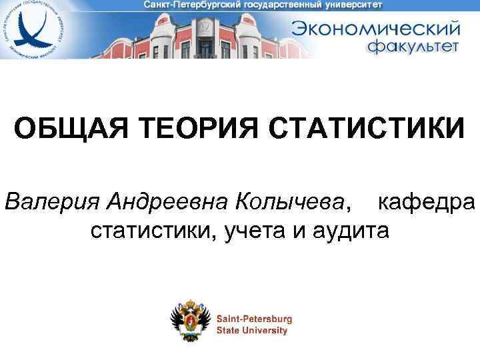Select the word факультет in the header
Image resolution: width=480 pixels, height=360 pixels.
coord(413,47)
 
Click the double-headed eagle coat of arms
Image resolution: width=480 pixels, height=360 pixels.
coord(193,319)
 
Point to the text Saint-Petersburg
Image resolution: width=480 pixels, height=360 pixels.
coord(254,319)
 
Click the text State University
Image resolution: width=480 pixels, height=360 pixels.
coord(251,330)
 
